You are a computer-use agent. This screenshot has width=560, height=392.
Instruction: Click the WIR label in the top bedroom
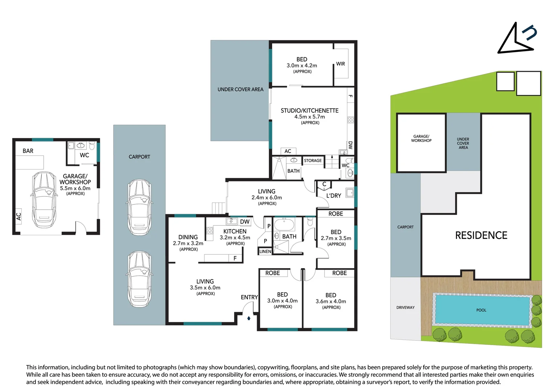click(x=340, y=64)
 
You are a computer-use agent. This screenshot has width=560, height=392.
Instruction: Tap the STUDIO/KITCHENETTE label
click(x=310, y=110)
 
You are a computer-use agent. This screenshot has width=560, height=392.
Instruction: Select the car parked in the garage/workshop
click(x=44, y=199)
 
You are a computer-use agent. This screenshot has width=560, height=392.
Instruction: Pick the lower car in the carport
click(x=139, y=279)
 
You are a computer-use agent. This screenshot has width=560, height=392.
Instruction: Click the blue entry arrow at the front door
click(x=249, y=318)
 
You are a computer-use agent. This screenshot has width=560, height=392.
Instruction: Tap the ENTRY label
click(x=249, y=297)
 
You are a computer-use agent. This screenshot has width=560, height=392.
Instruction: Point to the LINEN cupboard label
click(x=265, y=252)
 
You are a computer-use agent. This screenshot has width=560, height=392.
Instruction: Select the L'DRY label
click(x=334, y=196)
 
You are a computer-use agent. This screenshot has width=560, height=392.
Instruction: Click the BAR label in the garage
click(x=28, y=151)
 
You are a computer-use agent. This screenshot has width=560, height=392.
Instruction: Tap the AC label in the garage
click(x=19, y=217)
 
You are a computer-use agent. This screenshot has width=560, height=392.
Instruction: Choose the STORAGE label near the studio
click(x=312, y=160)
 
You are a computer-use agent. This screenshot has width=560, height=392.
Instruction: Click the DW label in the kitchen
click(x=245, y=222)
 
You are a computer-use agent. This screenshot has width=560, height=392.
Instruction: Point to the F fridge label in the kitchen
click(x=235, y=258)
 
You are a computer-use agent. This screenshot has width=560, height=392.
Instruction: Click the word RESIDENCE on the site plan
click(x=481, y=235)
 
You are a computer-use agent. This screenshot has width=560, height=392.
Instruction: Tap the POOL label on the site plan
click(x=481, y=310)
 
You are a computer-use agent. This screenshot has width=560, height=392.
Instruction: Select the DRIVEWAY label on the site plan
click(x=405, y=307)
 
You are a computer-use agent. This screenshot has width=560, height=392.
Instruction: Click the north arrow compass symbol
click(x=516, y=39)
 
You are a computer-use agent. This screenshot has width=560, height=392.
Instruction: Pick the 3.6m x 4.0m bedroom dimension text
click(x=331, y=302)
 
